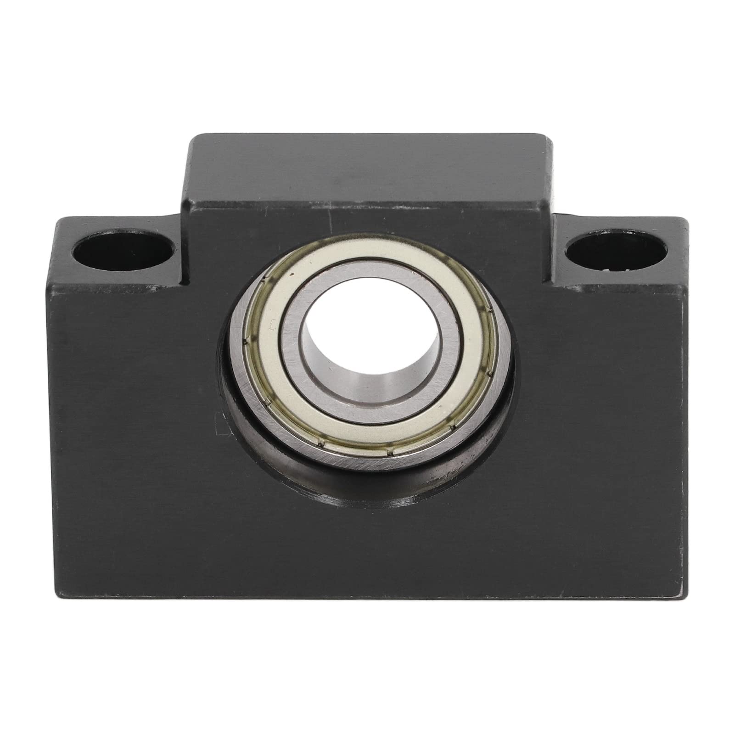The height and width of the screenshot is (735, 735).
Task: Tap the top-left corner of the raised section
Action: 189,137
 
